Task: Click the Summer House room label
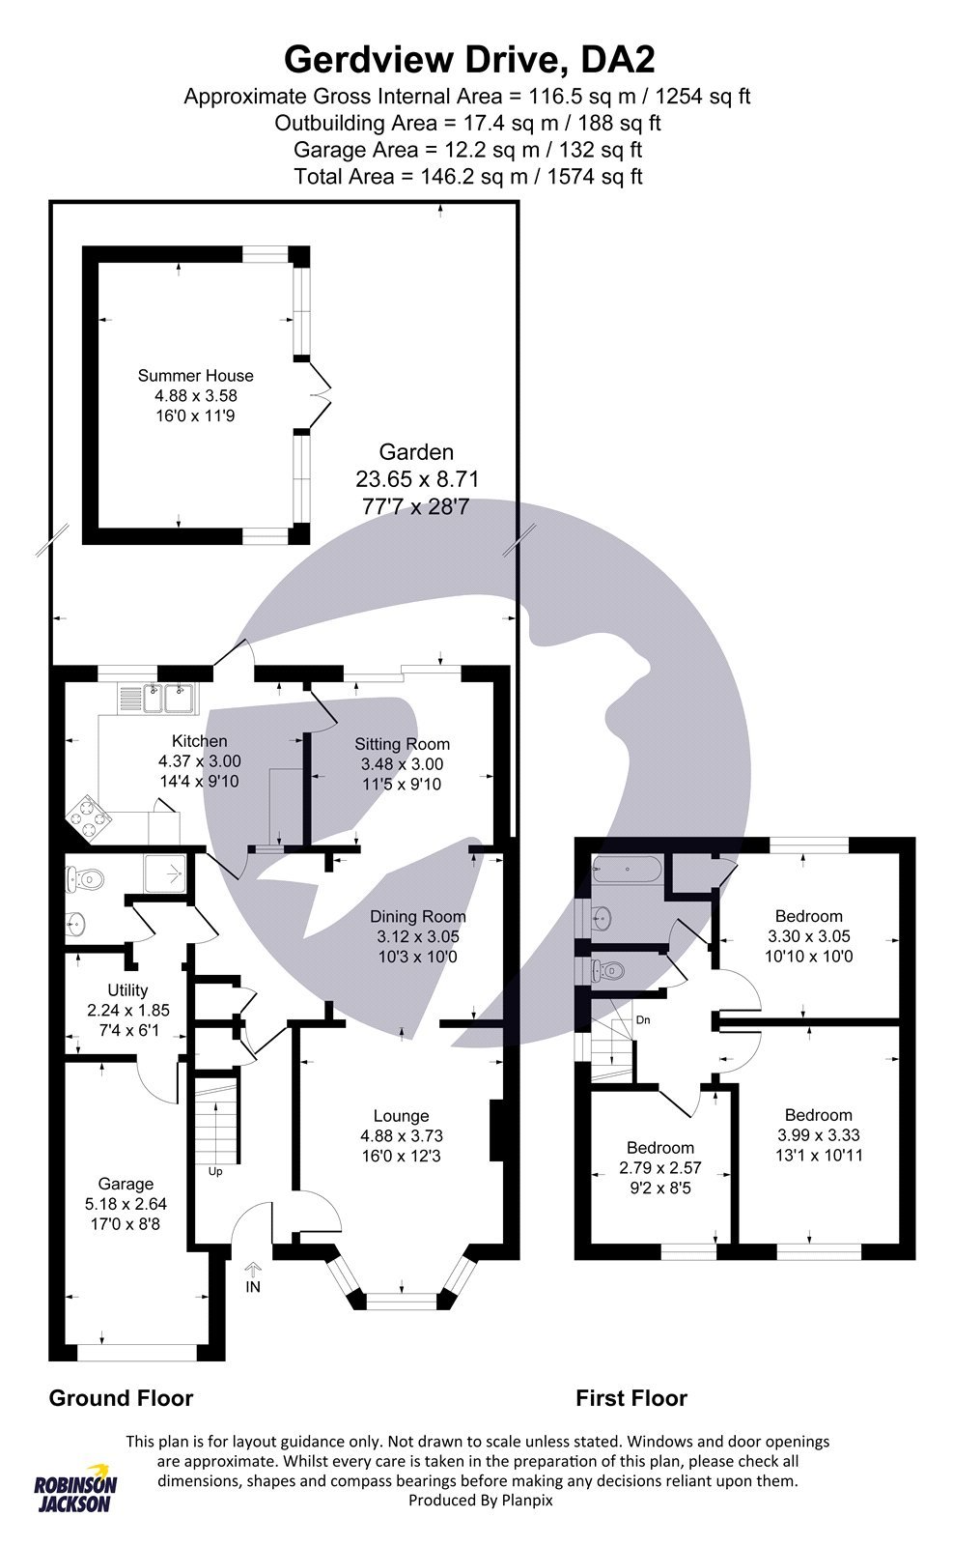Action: coord(195,376)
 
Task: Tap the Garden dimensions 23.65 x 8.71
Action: coord(417,478)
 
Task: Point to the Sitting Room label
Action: coord(402,744)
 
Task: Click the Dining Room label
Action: coord(418,916)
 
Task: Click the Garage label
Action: coord(126,1184)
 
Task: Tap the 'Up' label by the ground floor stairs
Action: coord(214,1172)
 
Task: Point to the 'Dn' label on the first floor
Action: coord(642,1019)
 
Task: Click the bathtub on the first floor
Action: coord(628,870)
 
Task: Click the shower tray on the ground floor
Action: coord(168,873)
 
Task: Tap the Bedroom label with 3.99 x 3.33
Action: coord(818,1115)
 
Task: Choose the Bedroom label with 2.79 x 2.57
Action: coord(660,1148)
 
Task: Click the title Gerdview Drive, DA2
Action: coord(469,60)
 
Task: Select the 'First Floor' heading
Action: coord(631,1398)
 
